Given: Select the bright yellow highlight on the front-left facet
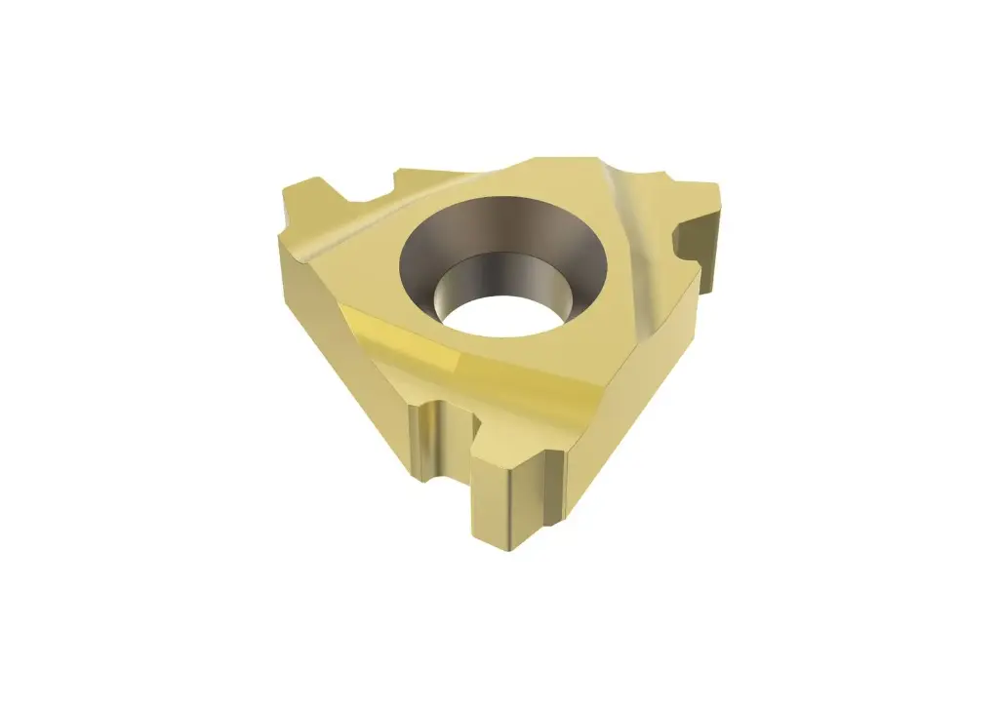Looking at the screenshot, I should [390, 336].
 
